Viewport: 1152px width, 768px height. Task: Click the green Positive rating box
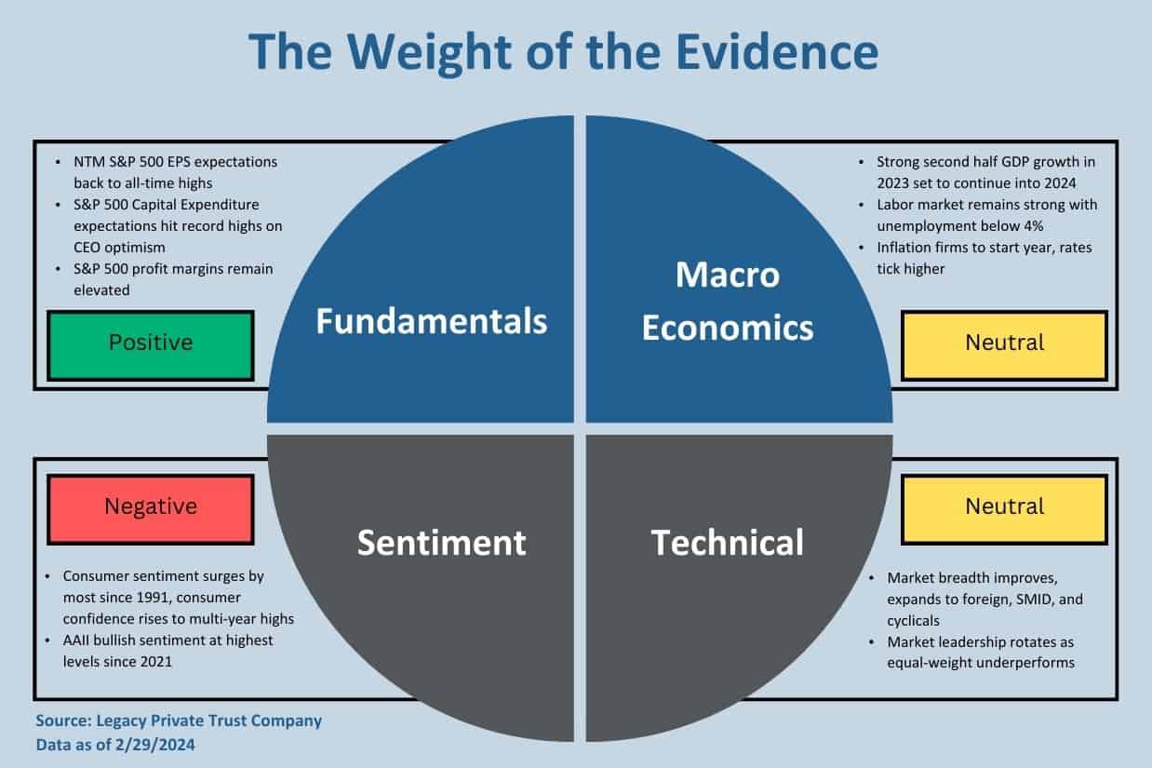tap(151, 345)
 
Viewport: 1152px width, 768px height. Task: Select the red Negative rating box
tap(151, 509)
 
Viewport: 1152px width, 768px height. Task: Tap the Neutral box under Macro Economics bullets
tap(1004, 345)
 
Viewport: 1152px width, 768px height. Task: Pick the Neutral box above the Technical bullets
tap(1004, 509)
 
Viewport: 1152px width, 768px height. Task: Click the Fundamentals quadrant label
tap(432, 321)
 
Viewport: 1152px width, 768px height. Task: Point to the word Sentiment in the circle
tap(442, 543)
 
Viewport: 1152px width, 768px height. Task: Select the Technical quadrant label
tap(727, 543)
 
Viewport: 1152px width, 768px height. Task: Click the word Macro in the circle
tap(728, 275)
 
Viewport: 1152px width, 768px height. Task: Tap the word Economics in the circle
tap(728, 328)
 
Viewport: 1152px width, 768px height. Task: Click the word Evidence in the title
tap(777, 51)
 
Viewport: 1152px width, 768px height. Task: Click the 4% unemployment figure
tap(1033, 226)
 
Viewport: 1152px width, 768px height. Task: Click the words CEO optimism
tap(119, 248)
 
